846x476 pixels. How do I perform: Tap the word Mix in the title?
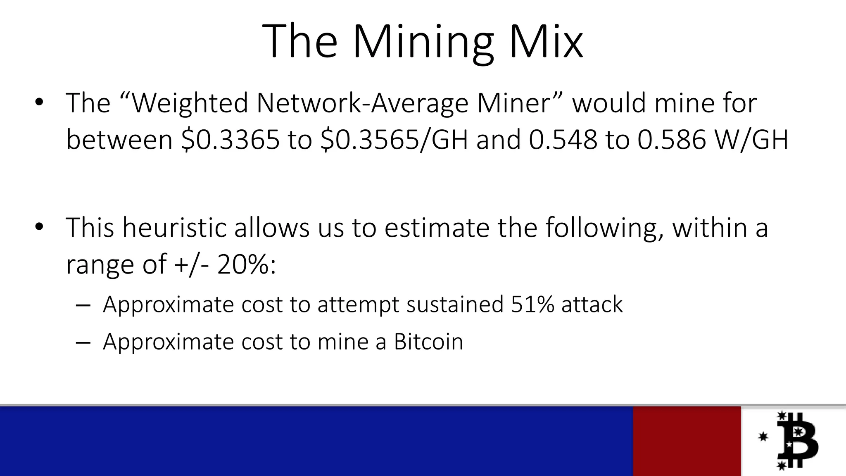pyautogui.click(x=546, y=41)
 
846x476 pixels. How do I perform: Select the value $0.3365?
pyautogui.click(x=231, y=140)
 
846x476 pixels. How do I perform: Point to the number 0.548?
pyautogui.click(x=563, y=140)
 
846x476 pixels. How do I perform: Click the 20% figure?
pyautogui.click(x=243, y=264)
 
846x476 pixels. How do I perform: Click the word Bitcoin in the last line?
pyautogui.click(x=428, y=342)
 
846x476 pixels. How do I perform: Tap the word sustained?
pyautogui.click(x=455, y=305)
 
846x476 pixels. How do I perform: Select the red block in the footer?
pyautogui.click(x=687, y=441)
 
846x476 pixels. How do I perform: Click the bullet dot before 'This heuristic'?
pyautogui.click(x=39, y=226)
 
